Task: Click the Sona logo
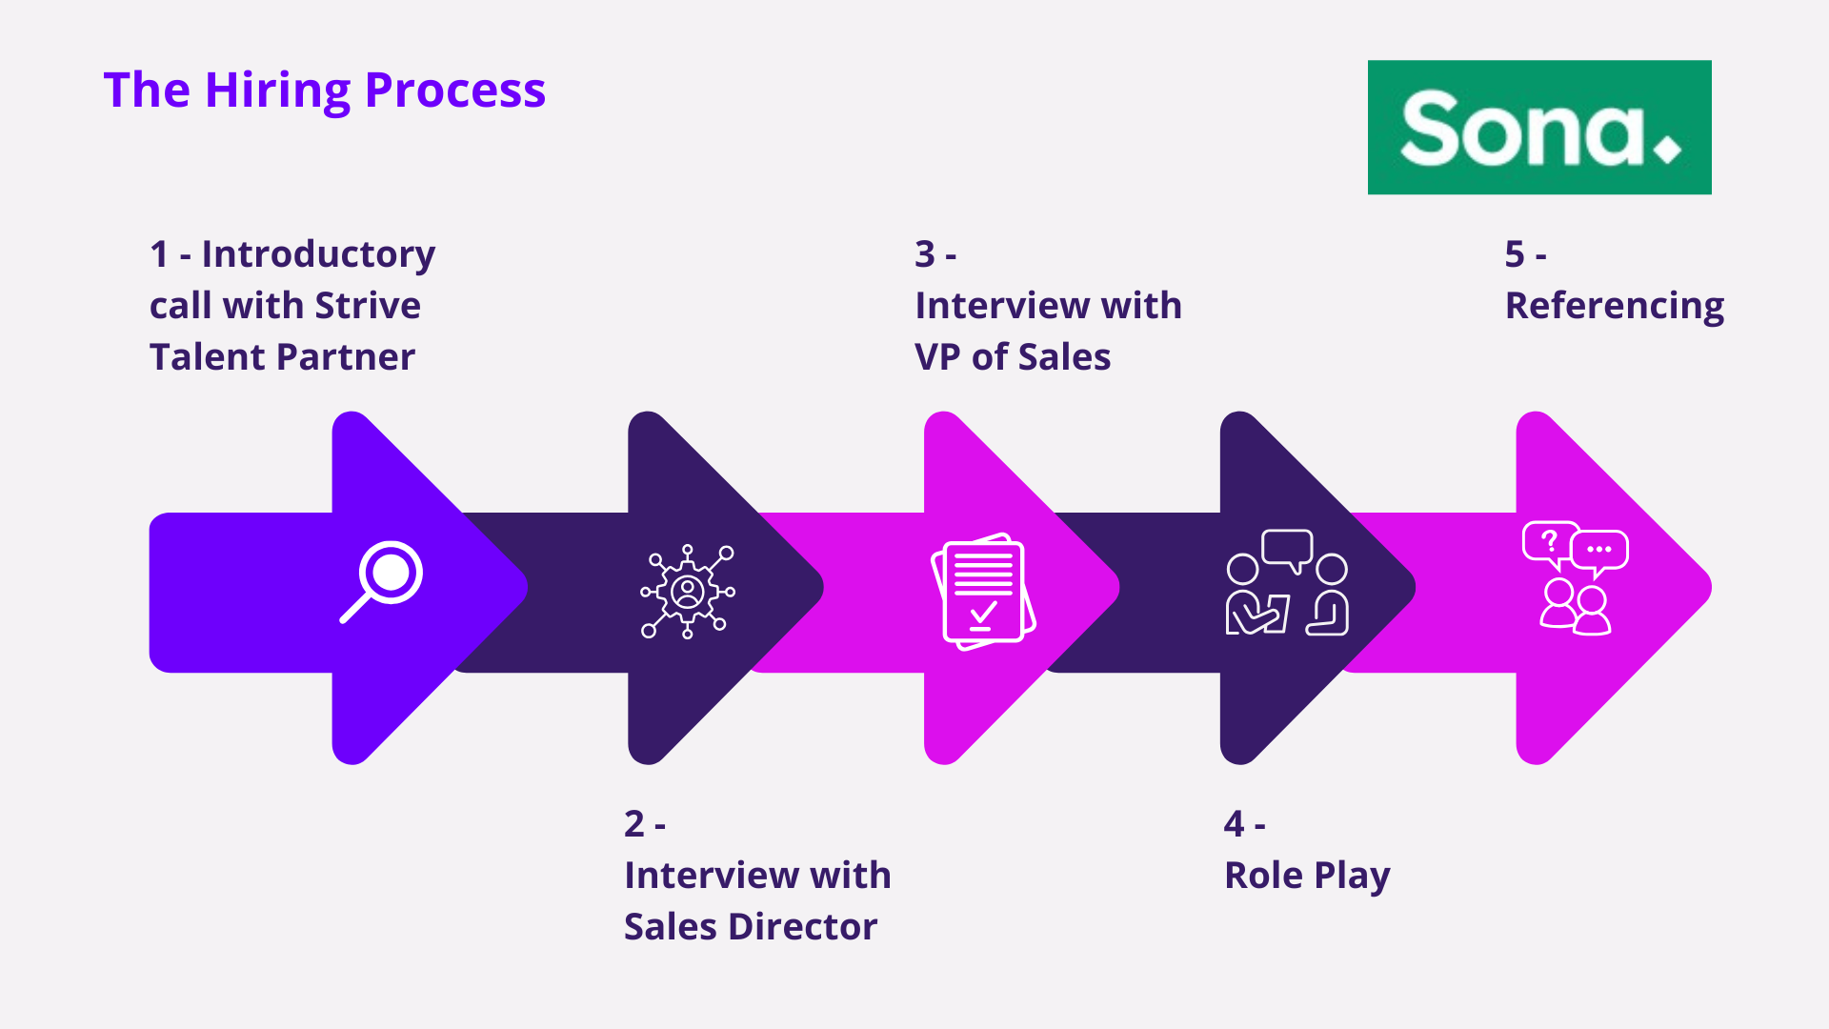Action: coord(1538,128)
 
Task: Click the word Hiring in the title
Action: coord(277,91)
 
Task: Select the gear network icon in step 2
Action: coord(688,592)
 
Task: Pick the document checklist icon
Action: coord(983,592)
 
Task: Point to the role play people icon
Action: coord(1286,583)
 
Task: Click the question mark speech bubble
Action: coord(1549,542)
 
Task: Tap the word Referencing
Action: coord(1614,306)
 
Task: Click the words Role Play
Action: coord(1306,876)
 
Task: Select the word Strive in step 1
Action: coord(368,306)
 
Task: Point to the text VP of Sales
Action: coord(1012,357)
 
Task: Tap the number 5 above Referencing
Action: coord(1515,254)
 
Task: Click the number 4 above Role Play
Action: coord(1234,824)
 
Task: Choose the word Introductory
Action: coord(318,254)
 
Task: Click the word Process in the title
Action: coord(454,91)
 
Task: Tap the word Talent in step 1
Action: coord(199,357)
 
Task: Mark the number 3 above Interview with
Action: coord(924,254)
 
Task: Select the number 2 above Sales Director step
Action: coord(634,824)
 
